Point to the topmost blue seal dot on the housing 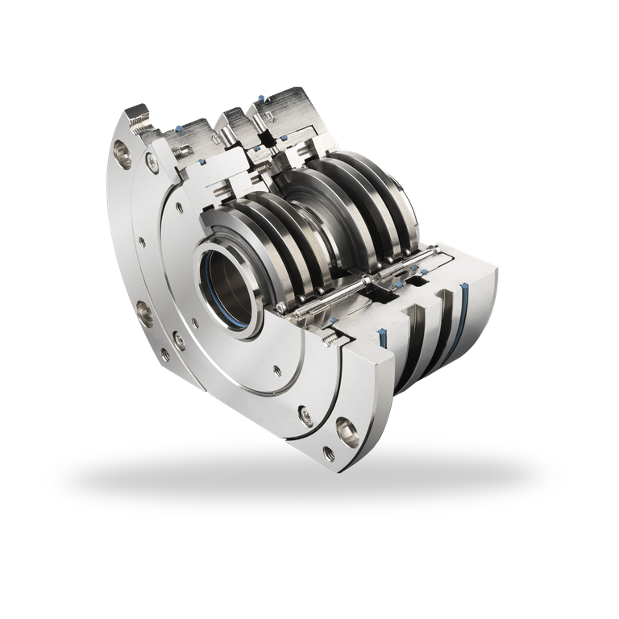click(261, 98)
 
